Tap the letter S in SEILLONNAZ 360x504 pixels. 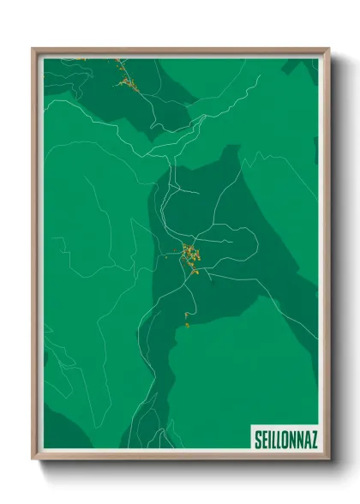coord(258,439)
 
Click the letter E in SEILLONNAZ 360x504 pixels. coord(264,439)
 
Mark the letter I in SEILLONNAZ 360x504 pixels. coord(269,439)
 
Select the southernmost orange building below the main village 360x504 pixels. coord(186,324)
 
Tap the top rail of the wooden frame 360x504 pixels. coord(180,51)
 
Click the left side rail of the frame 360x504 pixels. coord(36,257)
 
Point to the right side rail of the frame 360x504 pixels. coord(326,257)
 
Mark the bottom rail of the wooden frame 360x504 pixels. coord(180,456)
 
